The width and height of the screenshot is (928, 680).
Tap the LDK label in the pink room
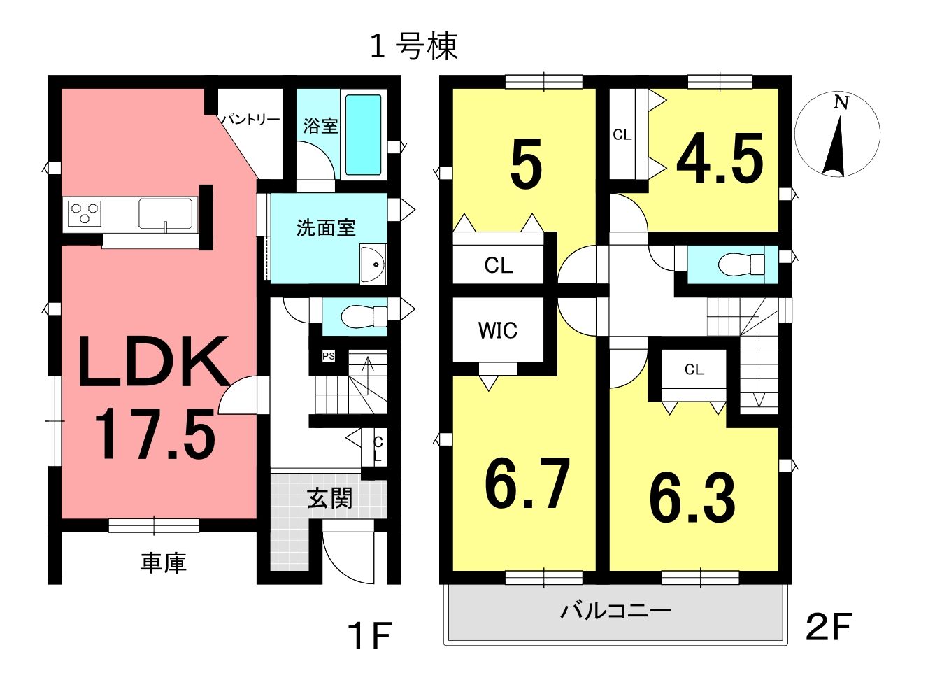click(153, 362)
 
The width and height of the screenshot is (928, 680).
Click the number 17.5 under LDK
click(154, 434)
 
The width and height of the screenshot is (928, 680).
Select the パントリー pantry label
click(250, 120)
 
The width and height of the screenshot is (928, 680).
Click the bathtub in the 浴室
click(363, 135)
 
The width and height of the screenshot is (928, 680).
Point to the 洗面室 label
click(326, 227)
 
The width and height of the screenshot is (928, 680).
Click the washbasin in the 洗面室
click(373, 264)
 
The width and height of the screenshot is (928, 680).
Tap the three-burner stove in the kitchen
click(85, 212)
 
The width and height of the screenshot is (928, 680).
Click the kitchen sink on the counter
click(165, 213)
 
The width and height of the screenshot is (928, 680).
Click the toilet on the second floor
click(741, 264)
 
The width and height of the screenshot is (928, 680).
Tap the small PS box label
click(329, 356)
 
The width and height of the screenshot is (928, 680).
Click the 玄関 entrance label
click(329, 497)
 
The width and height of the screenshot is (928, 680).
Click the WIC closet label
click(497, 330)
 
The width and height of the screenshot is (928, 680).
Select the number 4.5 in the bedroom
click(720, 158)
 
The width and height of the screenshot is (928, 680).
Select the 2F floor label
click(828, 639)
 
